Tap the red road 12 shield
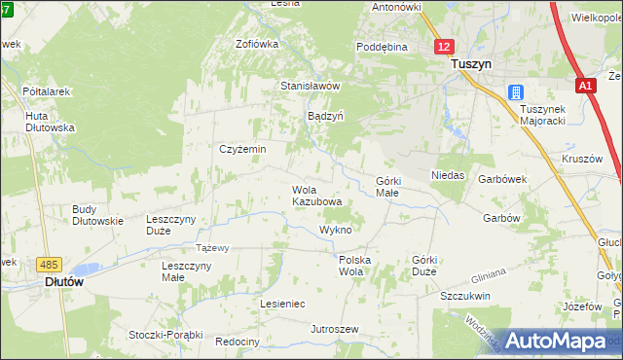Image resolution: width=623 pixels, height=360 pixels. point(444,47)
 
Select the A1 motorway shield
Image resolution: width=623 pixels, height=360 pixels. point(584,87)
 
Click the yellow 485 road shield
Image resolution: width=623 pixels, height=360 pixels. point(48,264)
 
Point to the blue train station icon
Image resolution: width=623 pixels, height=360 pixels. point(513,93)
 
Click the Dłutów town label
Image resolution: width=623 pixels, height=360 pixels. point(63,281)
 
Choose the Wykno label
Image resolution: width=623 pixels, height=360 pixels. point(335,230)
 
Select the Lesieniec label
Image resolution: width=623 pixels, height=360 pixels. point(282,304)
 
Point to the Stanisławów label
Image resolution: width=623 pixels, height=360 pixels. point(310,86)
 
